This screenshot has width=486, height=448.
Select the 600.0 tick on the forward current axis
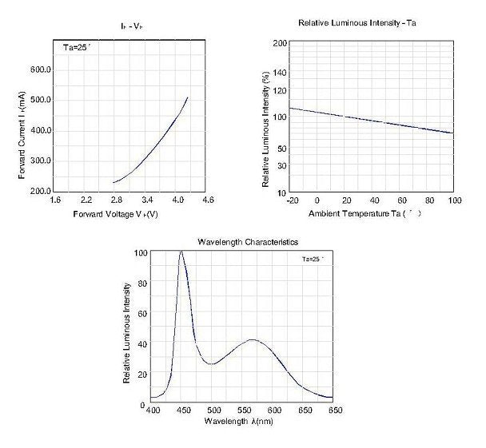pyautogui.click(x=41, y=70)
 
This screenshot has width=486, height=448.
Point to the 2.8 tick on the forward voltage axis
pyautogui.click(x=118, y=200)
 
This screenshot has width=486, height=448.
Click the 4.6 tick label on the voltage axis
pyautogui.click(x=209, y=200)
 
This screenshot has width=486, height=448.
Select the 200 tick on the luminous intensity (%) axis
pyautogui.click(x=279, y=42)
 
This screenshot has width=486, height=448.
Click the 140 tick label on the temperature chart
pyautogui.click(x=279, y=73)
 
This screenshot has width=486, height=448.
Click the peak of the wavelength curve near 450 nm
pyautogui.click(x=181, y=252)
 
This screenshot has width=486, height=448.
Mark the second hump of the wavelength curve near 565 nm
pyautogui.click(x=253, y=339)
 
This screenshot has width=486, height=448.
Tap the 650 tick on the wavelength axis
pyautogui.click(x=334, y=409)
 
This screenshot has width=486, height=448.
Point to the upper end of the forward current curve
pyautogui.click(x=187, y=98)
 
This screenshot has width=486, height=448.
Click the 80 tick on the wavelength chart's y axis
pyautogui.click(x=142, y=282)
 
